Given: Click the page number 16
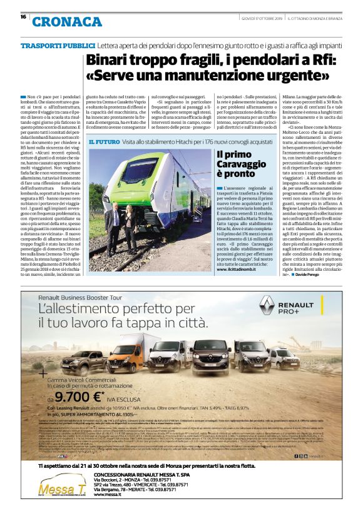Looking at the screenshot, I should [23, 17].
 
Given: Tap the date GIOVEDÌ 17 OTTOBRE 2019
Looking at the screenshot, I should [261, 18].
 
